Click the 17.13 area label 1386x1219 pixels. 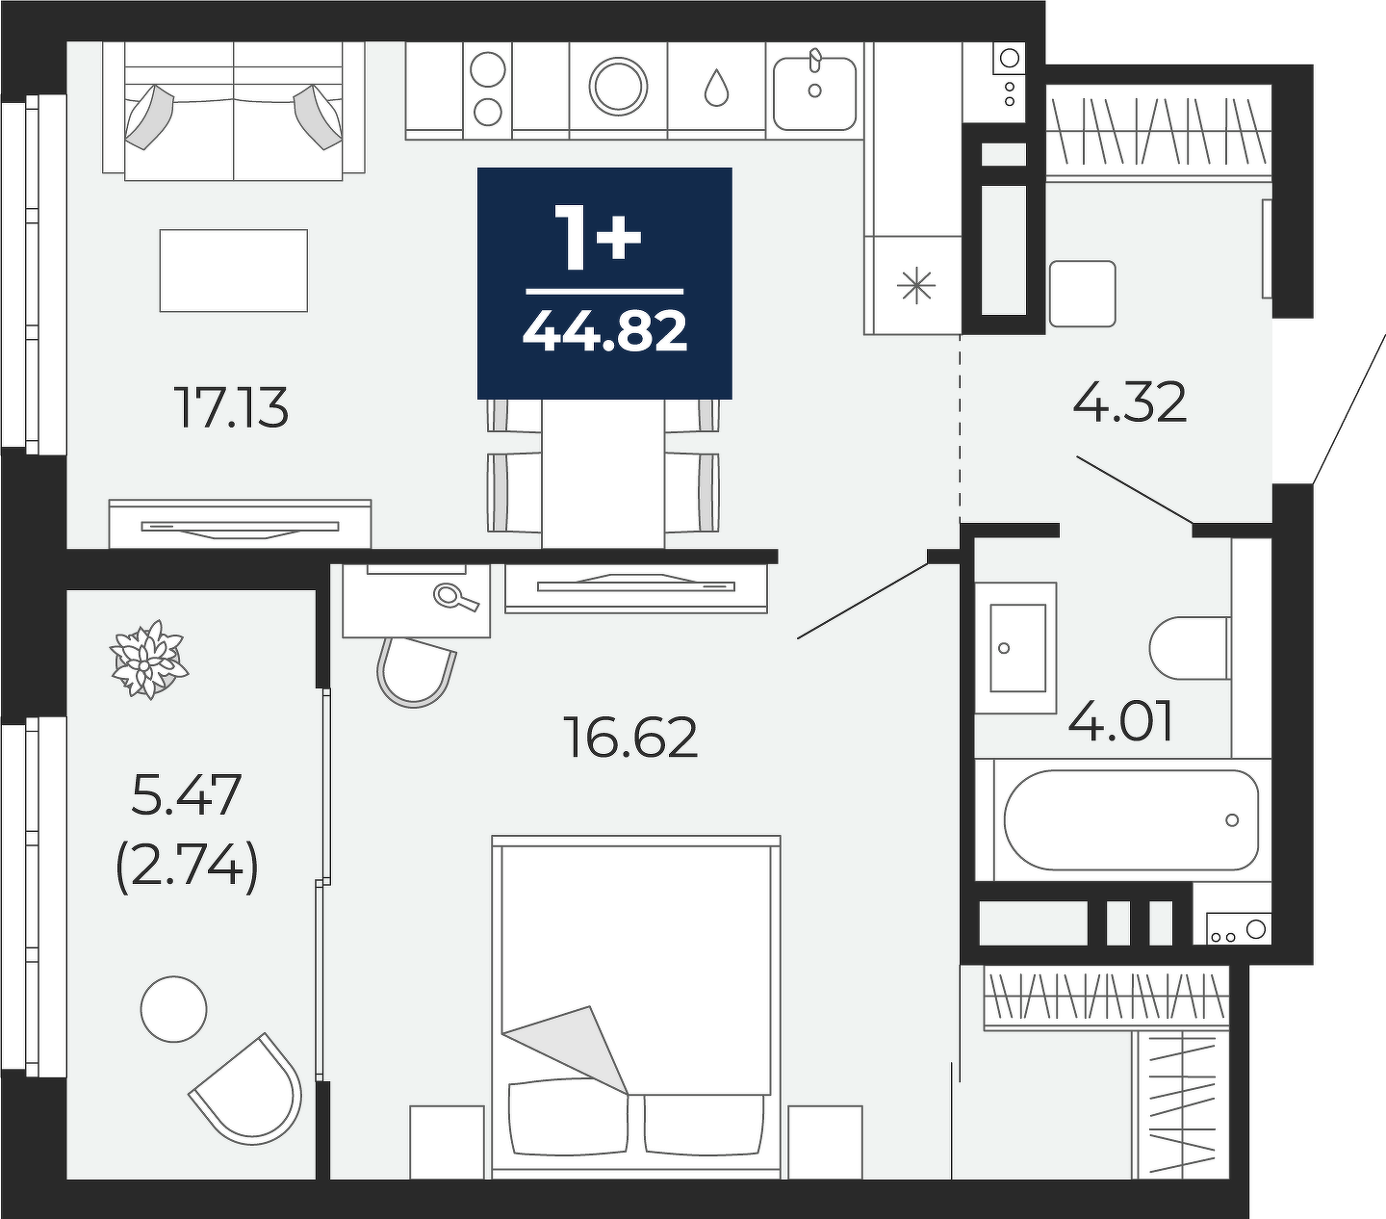(x=233, y=408)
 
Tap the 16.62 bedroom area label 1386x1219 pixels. (x=632, y=738)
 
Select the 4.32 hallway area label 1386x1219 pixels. (x=1129, y=402)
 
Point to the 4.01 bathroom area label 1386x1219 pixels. (x=1120, y=721)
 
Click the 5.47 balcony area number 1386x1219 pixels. (x=186, y=794)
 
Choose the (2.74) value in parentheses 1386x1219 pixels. (x=187, y=867)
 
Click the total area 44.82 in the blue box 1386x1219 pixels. (x=604, y=331)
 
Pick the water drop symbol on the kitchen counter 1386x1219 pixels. (x=716, y=88)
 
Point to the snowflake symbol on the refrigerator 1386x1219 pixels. (x=916, y=286)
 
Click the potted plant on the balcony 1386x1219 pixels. (x=149, y=660)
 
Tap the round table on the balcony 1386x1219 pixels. (x=174, y=1009)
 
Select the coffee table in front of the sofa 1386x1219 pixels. (x=233, y=271)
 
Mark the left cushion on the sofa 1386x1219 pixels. (x=149, y=117)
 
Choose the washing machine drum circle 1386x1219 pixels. (x=619, y=87)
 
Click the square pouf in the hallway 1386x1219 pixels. (x=1082, y=294)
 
